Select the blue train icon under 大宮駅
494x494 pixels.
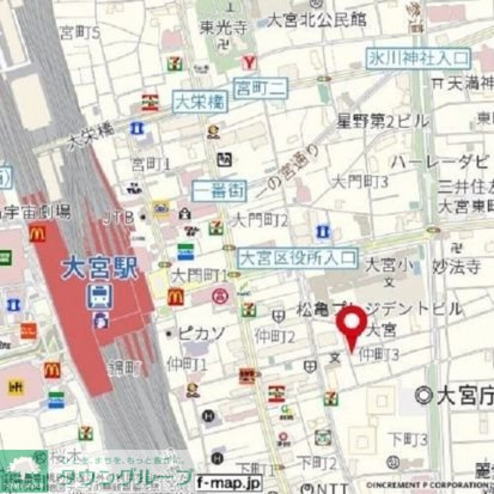pos(100,297)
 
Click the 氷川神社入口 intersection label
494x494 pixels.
pos(418,58)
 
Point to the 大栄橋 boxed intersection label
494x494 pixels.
pos(200,102)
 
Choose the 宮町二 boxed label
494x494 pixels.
pos(260,88)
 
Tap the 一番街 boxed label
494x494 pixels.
pos(219,190)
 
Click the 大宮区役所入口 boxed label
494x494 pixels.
pos(297,258)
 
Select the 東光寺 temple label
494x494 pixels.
pos(223,27)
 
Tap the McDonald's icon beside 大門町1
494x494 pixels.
pos(175,297)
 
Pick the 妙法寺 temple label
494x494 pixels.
pos(456,267)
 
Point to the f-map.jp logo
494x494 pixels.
pos(228,482)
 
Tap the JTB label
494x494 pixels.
pos(119,217)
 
